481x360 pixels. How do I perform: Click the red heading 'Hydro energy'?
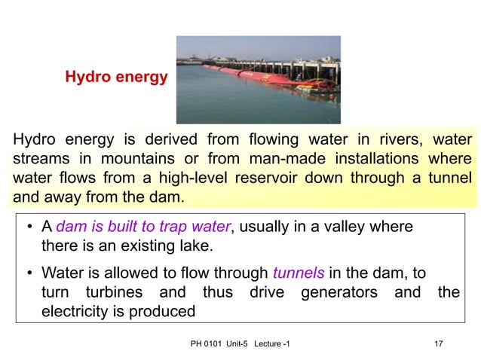[x=116, y=76]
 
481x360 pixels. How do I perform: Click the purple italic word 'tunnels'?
[x=296, y=273]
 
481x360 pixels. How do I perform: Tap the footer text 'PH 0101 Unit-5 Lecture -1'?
[x=240, y=344]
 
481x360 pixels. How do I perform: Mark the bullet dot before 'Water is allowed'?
[x=26, y=273]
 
